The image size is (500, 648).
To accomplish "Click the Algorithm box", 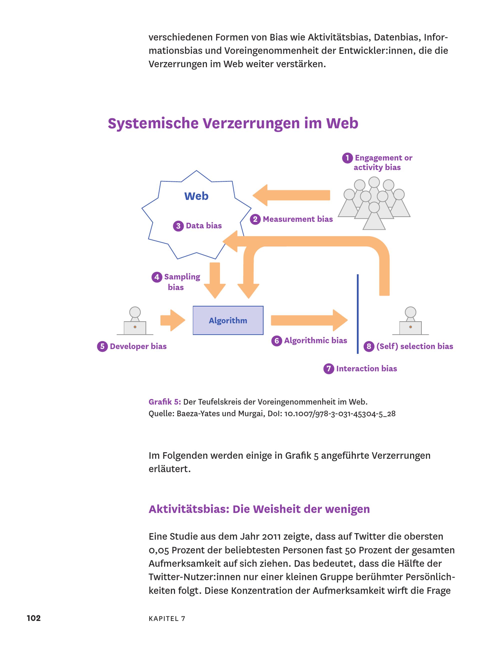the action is pos(228,320).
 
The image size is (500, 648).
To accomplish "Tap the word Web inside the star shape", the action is pos(196,196).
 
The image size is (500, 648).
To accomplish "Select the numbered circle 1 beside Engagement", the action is pos(347,158).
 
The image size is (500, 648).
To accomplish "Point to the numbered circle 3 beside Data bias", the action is pos(178,226).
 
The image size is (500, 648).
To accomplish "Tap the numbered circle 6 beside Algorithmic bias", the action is pos(276,341).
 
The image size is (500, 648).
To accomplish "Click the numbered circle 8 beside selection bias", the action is pos(369,346).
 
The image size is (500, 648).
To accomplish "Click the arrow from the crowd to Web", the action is pos(291,195).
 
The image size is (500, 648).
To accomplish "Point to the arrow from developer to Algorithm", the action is pos(173,320).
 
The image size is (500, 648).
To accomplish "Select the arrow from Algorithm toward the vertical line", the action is pos(309,320).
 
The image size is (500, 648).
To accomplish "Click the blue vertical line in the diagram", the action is pos(357,314).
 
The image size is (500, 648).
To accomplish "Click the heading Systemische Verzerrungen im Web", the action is pos(233,123).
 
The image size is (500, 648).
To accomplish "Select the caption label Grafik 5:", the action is pos(164,402).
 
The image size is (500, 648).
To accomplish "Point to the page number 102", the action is pos(33,618).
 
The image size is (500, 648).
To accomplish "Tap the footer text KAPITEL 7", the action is pos(167,618).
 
